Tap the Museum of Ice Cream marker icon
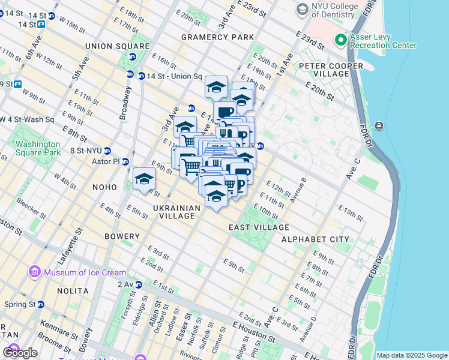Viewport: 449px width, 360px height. (35, 272)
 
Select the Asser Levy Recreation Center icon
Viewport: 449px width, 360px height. (341, 41)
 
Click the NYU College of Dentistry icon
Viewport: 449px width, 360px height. (302, 10)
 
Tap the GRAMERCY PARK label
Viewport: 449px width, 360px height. (217, 37)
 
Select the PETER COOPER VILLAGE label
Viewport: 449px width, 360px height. (324, 70)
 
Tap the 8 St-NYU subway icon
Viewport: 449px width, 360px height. (107, 151)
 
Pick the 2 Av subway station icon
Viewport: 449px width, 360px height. (139, 284)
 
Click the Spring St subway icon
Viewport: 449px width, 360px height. (41, 304)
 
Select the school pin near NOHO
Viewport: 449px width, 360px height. (144, 179)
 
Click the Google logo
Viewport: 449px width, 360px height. (20, 353)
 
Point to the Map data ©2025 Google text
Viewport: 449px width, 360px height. (412, 355)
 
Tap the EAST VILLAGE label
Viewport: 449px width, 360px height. (259, 228)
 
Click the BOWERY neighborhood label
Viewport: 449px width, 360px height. (122, 236)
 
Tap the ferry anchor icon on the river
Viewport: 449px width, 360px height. (379, 125)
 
